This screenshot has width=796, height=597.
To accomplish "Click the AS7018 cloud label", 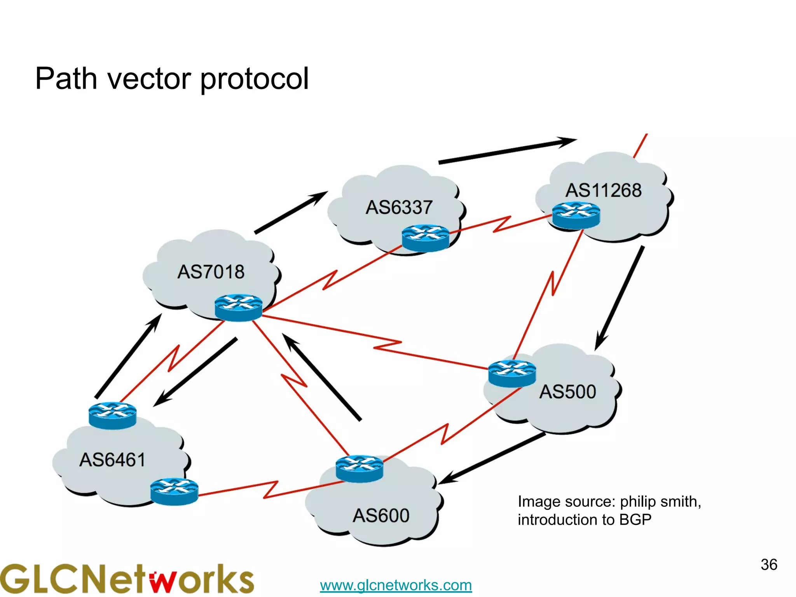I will tap(211, 272).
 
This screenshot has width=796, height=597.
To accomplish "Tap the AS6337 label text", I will tap(399, 207).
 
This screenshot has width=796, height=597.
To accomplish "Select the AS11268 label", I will tap(603, 190).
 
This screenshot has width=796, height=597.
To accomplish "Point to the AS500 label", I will tap(567, 391).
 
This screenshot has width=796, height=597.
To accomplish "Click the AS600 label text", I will tap(381, 516).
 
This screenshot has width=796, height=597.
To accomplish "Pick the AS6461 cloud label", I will tap(112, 460).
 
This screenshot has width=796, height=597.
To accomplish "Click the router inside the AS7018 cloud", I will tap(238, 307).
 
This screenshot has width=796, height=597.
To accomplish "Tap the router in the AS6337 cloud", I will tap(426, 238).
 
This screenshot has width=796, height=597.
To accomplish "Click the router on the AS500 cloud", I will tap(512, 373).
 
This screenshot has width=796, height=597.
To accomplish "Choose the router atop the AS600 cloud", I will tap(359, 468).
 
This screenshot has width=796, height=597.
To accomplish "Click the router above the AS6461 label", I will tap(112, 415).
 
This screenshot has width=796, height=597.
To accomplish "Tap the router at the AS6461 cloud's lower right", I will tap(174, 491).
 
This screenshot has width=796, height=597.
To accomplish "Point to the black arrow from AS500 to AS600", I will tap(492, 459).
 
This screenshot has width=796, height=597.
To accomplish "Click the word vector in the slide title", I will tap(148, 79).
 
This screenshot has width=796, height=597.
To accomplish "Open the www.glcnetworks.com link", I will tap(396, 585).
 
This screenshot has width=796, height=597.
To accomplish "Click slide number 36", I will tap(768, 565).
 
